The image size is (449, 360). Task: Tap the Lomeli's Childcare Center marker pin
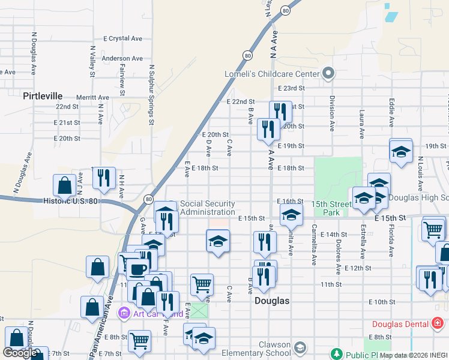pyautogui.click(x=328, y=74)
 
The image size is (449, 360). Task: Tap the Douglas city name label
pyautogui.click(x=272, y=301)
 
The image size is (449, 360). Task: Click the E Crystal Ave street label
pyautogui.click(x=122, y=38)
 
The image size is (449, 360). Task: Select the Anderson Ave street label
pyautogui.click(x=122, y=58)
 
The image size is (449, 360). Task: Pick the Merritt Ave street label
pyautogui.click(x=92, y=97)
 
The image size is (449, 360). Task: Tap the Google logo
pyautogui.click(x=20, y=352)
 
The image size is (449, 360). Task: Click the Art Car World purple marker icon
pyautogui.click(x=124, y=313)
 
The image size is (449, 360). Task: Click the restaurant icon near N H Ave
pyautogui.click(x=103, y=178)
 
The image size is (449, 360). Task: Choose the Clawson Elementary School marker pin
pyautogui.click(x=300, y=347)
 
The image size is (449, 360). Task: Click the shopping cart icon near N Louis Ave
pyautogui.click(x=433, y=228)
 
